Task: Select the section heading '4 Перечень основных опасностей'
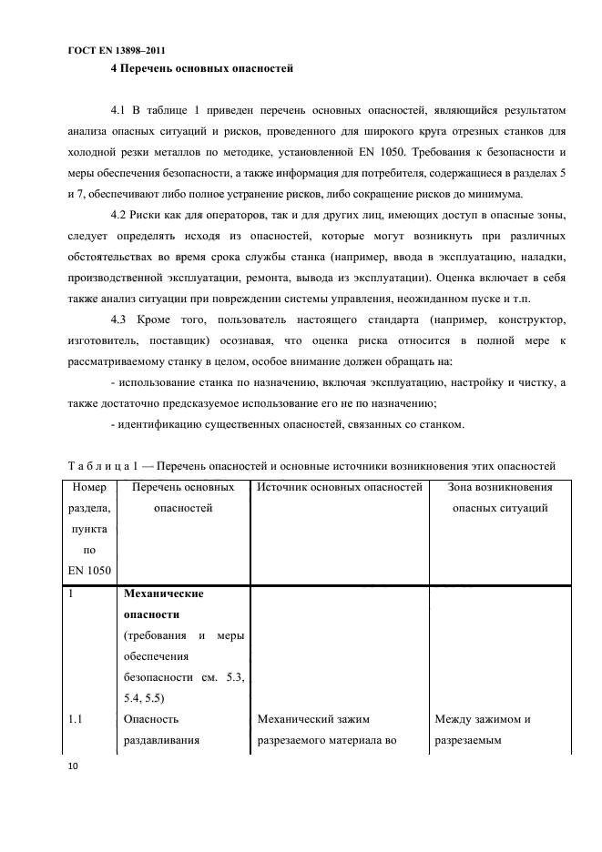tap(200, 68)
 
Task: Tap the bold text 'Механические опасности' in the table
tap(162, 603)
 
